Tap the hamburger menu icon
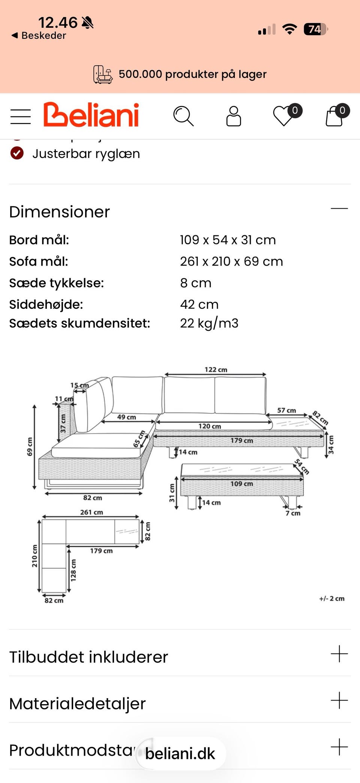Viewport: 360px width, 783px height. point(21,117)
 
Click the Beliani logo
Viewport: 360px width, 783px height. point(91,115)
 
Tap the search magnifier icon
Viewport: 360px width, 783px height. point(183,116)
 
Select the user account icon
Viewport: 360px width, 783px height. point(233,116)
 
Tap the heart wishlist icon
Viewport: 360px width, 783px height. point(284,116)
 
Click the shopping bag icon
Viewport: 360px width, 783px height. point(334,116)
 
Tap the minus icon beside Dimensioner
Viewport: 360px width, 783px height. point(339,209)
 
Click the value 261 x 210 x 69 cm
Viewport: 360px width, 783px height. point(231,262)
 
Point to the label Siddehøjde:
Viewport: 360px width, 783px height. point(46,304)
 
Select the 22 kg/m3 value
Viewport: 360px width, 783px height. point(209,323)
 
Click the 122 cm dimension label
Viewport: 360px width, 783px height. point(216,370)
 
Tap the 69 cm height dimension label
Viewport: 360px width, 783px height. point(30,446)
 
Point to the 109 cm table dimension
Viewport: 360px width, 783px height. point(241,484)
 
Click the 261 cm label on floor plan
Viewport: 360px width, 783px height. point(91,512)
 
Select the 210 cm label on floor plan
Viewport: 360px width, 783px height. point(34,556)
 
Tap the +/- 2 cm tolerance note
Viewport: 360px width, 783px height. point(331,599)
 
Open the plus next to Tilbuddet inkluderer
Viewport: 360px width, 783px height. point(339,654)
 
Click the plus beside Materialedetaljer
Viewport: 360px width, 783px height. point(339,700)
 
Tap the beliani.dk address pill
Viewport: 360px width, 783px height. point(180,753)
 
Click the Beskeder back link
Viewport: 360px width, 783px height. point(39,36)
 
